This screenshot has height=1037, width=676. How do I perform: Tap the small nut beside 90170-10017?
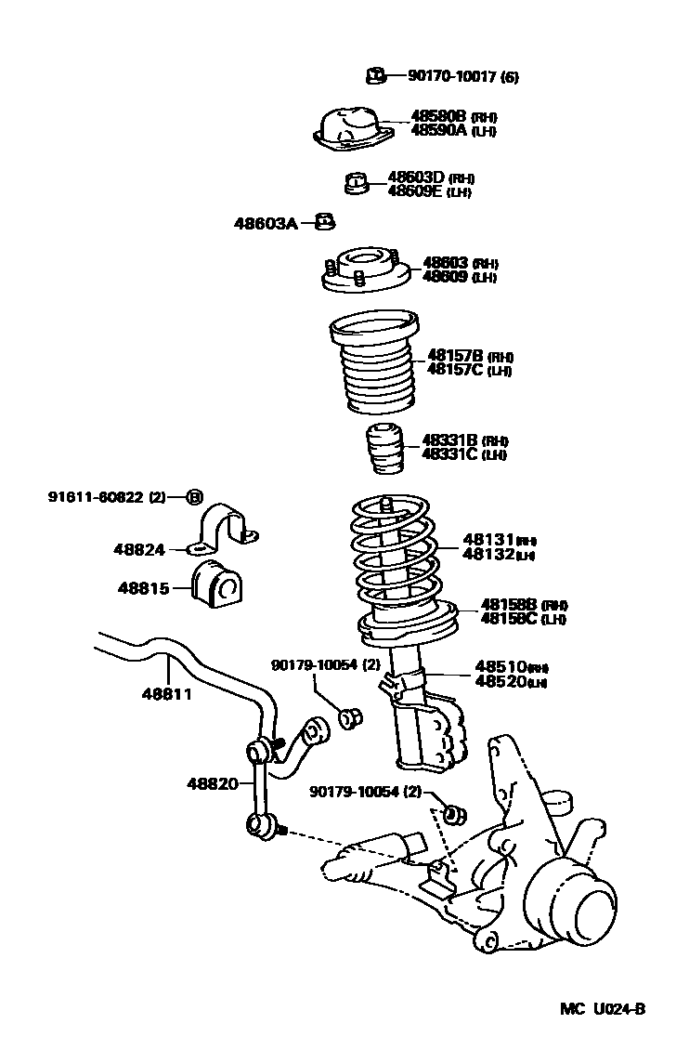(x=374, y=75)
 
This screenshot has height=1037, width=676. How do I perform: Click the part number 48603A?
(x=266, y=223)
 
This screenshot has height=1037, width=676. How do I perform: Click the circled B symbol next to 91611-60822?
(x=194, y=497)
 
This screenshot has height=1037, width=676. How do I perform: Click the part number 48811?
(x=167, y=693)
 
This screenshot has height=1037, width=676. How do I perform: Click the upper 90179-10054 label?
(x=314, y=664)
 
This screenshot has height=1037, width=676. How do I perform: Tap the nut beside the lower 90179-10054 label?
(x=454, y=814)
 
